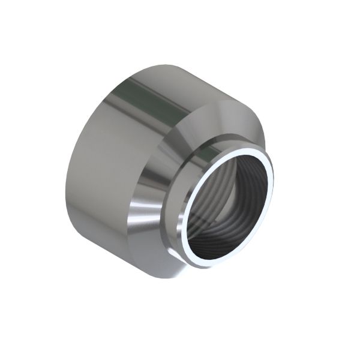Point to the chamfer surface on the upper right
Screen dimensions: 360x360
pyautogui.click(x=246, y=129)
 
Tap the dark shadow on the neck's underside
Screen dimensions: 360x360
pyautogui.click(x=180, y=252)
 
